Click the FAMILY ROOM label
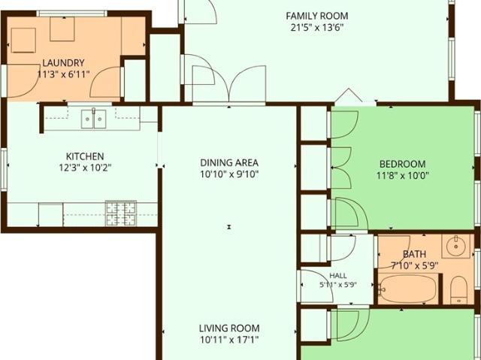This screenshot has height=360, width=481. (x=317, y=16)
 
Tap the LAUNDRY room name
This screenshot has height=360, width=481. (x=63, y=63)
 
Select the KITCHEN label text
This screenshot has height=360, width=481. (x=85, y=156)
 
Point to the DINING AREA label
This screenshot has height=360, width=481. (x=229, y=162)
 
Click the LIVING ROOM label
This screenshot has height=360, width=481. (x=229, y=328)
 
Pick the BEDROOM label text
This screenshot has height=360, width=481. (x=403, y=164)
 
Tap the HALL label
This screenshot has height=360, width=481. (x=338, y=275)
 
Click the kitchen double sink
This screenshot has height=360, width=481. (x=93, y=119)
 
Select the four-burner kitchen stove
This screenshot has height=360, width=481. (x=120, y=213)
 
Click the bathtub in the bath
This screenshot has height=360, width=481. (x=407, y=289)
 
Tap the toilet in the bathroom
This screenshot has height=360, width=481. (x=458, y=290)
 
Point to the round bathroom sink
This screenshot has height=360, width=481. (x=456, y=247)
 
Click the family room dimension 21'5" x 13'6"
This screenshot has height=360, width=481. (x=317, y=28)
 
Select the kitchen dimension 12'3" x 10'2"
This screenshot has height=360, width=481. (x=85, y=168)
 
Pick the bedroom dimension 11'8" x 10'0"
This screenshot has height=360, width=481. (x=403, y=176)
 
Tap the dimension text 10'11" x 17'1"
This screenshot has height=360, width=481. (x=229, y=340)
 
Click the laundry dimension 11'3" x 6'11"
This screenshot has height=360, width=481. (x=63, y=74)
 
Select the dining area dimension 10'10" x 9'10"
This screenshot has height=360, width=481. (x=229, y=174)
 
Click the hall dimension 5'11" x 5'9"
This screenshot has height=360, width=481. (x=338, y=285)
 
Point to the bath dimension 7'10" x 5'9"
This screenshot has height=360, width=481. (x=414, y=265)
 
